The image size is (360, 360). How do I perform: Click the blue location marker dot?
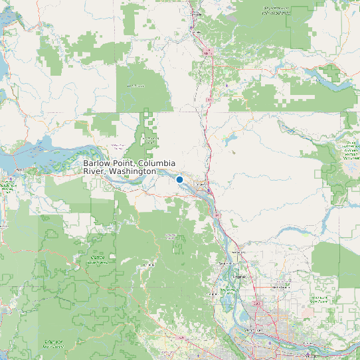(x=179, y=179)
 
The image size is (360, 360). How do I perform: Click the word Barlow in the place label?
(x=97, y=163)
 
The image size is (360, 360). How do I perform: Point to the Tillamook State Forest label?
(x=53, y=343)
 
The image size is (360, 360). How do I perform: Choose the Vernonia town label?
(x=147, y=265)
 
